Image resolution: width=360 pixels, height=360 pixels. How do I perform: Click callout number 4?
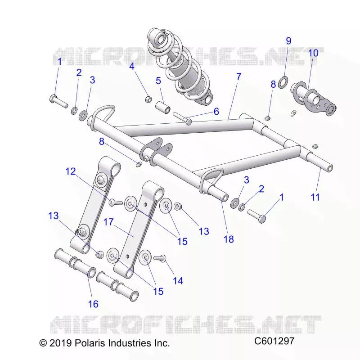pos(131,66)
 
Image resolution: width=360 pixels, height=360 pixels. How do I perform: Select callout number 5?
pos(158,81)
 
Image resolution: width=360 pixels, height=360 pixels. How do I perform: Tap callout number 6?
pos(216,112)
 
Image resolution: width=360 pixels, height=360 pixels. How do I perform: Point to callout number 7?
pos(239,76)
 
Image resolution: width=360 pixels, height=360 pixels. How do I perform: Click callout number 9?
pos(288,41)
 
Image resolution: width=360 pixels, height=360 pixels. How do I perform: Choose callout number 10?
pos(313,53)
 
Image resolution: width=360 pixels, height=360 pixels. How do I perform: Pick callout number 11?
pos(315,197)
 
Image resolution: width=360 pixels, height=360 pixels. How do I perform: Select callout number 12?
pos(71,171)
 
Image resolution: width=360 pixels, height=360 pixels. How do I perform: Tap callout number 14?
pos(178,281)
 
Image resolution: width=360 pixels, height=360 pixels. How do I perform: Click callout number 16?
pos(93,304)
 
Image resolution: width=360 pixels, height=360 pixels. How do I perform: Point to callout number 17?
pos(108,222)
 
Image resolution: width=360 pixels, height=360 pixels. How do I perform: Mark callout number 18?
pos(229,239)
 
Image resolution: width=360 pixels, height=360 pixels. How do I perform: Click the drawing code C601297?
pos(274,341)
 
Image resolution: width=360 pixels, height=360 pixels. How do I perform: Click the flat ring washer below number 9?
pos(283,82)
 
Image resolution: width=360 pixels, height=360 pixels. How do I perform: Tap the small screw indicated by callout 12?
pos(116,202)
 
